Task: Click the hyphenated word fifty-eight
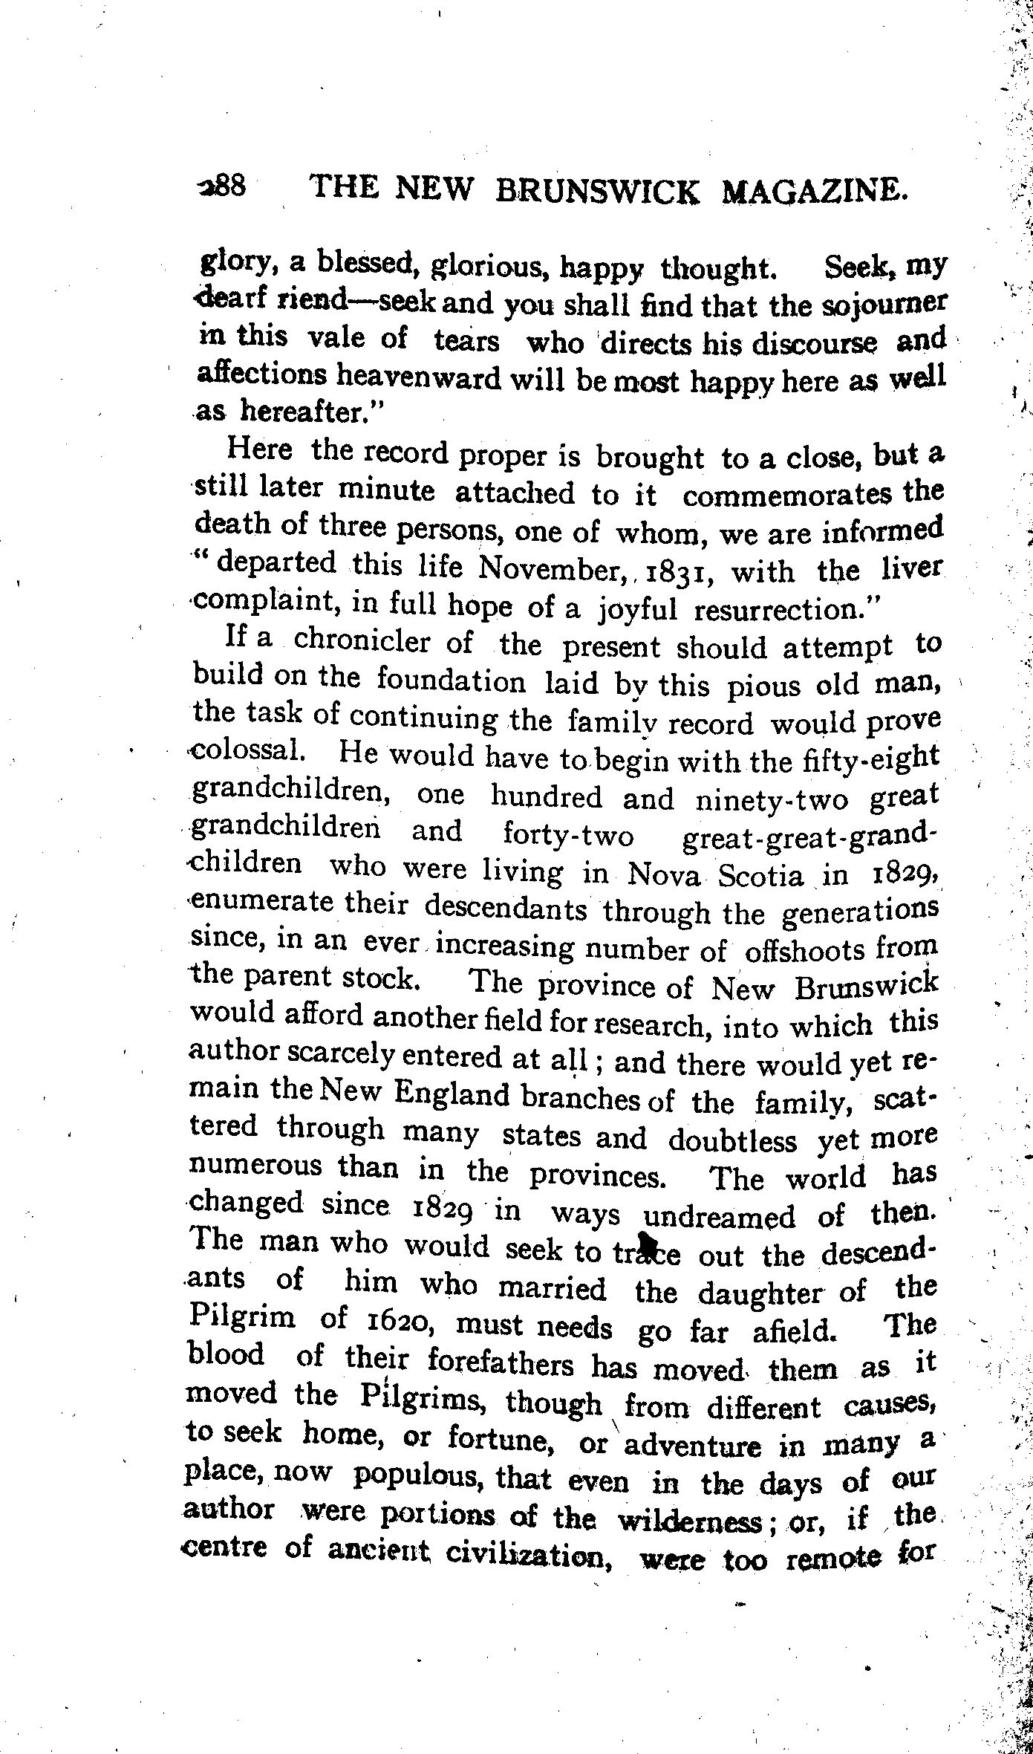[x=870, y=759]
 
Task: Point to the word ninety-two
[x=772, y=799]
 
